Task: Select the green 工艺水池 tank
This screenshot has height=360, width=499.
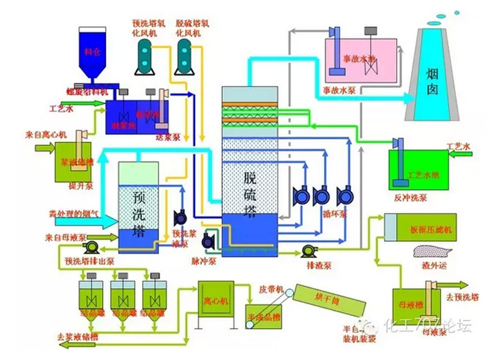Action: (x=421, y=171)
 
